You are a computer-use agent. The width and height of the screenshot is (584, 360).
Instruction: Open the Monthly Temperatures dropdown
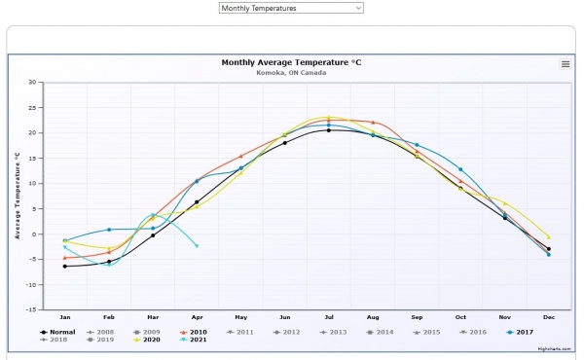click(290, 8)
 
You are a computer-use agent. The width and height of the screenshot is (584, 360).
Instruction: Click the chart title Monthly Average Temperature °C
click(292, 62)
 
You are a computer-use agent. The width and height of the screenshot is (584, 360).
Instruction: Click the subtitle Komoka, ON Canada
click(291, 72)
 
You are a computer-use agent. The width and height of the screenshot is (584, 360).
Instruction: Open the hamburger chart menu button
click(566, 64)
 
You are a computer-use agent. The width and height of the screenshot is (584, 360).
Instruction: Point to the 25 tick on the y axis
click(32, 107)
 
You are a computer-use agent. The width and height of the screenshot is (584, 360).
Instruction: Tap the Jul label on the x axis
click(329, 317)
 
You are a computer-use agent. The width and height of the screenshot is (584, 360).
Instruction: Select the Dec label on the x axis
click(548, 317)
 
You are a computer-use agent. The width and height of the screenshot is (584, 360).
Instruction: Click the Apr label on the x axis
click(197, 317)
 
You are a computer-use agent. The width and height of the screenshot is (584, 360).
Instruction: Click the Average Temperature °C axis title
click(18, 196)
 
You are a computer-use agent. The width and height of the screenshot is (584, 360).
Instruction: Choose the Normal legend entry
click(62, 332)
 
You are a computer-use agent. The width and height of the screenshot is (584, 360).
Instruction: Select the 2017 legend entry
click(524, 332)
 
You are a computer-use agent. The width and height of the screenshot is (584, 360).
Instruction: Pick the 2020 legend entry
click(150, 340)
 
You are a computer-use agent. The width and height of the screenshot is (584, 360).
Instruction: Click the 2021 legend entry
click(198, 340)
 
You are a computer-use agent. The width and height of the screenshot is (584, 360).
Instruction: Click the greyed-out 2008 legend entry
click(105, 332)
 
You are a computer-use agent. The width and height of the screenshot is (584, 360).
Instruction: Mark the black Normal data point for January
click(65, 266)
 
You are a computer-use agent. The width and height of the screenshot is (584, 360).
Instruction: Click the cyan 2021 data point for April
click(197, 246)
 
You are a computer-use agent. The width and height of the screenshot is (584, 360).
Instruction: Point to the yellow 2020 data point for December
click(548, 237)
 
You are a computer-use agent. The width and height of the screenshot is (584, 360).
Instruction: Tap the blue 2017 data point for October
click(460, 169)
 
